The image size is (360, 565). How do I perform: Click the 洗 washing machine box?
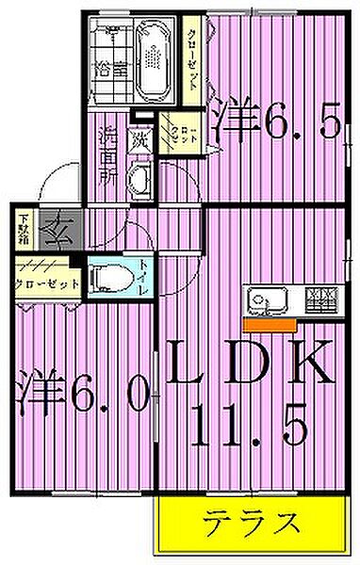click(x=139, y=140)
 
